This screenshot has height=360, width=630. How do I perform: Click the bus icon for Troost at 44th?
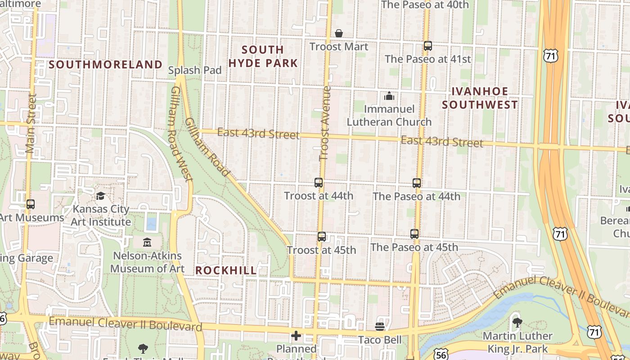click(319, 183)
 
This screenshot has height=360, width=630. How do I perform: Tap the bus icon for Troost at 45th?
click(321, 237)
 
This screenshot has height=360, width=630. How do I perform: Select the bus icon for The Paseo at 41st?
click(427, 46)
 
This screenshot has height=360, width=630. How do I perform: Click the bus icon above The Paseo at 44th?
click(417, 183)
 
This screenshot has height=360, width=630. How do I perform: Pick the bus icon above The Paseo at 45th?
click(414, 234)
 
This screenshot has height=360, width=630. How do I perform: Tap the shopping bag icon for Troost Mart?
click(339, 34)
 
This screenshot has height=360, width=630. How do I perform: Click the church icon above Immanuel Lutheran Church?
click(389, 96)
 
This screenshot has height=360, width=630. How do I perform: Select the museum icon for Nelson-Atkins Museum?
click(147, 243)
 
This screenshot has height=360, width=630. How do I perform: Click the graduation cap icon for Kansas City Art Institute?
click(101, 196)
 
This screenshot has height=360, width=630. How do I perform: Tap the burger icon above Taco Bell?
click(380, 327)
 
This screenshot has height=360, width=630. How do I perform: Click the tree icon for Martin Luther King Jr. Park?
click(517, 322)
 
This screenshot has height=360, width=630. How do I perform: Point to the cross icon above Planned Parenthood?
click(296, 336)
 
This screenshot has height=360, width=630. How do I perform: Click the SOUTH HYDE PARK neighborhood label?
click(263, 56)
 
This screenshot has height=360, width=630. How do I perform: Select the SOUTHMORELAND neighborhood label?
click(105, 65)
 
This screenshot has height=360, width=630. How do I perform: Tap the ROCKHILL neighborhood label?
click(226, 270)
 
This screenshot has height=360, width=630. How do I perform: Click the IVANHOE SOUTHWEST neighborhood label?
click(479, 98)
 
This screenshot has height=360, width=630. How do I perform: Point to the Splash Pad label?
click(195, 70)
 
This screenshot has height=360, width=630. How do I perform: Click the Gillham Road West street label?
click(181, 134)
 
